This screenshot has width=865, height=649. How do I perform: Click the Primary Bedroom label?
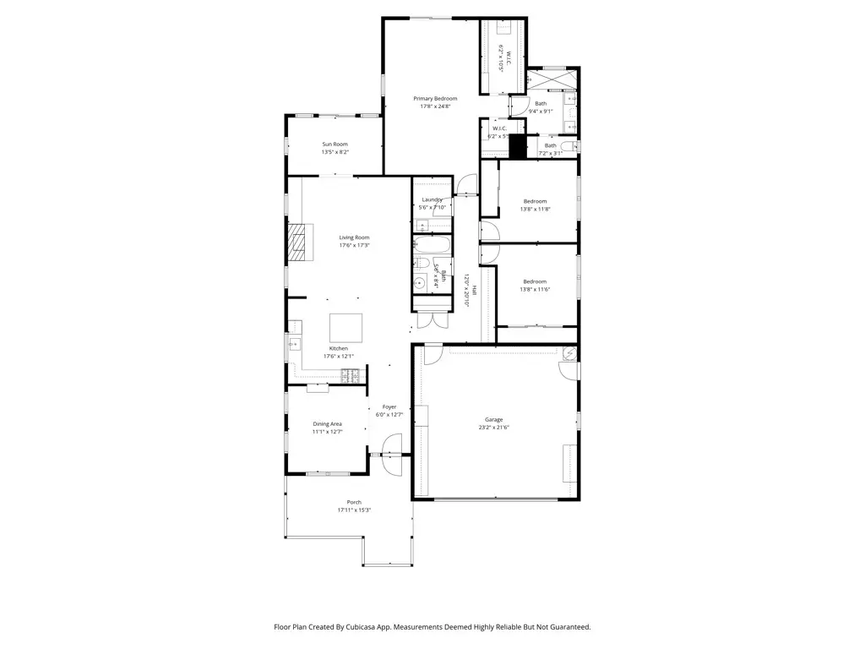click(x=435, y=99)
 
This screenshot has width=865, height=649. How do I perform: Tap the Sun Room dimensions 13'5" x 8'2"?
click(x=335, y=153)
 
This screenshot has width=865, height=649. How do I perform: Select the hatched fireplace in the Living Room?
click(x=298, y=242)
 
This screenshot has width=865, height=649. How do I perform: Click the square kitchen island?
click(x=345, y=326)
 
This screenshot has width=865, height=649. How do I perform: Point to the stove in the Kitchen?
click(x=350, y=375)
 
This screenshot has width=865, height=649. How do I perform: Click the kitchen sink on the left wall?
click(x=293, y=343)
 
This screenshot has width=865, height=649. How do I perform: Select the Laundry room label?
click(x=432, y=199)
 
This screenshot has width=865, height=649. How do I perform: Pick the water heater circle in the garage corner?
click(x=569, y=353)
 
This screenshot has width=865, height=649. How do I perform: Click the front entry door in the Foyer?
click(x=393, y=447)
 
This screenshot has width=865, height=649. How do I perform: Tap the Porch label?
click(x=354, y=502)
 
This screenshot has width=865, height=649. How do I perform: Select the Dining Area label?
click(x=327, y=424)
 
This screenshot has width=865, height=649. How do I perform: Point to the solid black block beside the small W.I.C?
click(x=518, y=146)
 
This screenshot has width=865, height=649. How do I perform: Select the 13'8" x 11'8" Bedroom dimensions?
click(x=535, y=210)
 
